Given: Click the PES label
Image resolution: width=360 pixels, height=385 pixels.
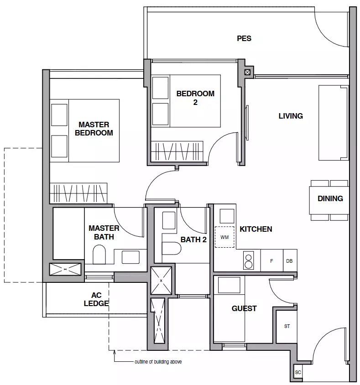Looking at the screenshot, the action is point(244,39).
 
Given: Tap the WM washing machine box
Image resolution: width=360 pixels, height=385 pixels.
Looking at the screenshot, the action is point(224,237).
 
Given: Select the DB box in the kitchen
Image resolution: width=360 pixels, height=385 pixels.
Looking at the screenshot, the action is point(290,261).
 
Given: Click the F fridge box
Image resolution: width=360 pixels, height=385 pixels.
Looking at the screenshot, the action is point(271,261).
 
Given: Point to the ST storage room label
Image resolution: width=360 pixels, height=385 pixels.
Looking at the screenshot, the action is point(287,326).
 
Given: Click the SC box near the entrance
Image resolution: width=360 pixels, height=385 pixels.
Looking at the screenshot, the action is point(298,372).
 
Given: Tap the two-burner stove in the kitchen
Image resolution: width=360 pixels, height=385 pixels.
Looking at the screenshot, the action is point(248,260).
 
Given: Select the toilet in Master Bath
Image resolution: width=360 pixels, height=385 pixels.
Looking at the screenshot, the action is point(99,255).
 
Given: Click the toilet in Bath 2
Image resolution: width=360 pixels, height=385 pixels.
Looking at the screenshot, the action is point(172,248).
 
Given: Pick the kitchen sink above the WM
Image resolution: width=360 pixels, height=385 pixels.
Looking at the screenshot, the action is point(227,216).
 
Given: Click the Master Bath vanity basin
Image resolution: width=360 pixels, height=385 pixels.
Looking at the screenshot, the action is point(130,257).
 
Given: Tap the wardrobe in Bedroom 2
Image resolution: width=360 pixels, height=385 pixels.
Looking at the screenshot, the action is point(177,151).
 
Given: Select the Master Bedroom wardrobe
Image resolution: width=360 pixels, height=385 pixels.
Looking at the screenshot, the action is point(78,193).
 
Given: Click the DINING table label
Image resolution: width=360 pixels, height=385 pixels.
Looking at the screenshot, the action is point(330,198).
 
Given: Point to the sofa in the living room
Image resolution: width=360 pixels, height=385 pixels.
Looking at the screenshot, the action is point(334,123).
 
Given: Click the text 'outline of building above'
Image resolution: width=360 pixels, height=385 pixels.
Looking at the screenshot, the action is point(158,362).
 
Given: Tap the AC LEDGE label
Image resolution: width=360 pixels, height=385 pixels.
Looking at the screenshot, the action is point(96,299).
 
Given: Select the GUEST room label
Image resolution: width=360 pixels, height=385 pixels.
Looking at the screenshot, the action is point(244,308).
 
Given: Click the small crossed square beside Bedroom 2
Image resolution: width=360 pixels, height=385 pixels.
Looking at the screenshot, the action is point(248,73).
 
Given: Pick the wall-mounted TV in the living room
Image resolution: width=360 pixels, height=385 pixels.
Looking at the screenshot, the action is point(247,123).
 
